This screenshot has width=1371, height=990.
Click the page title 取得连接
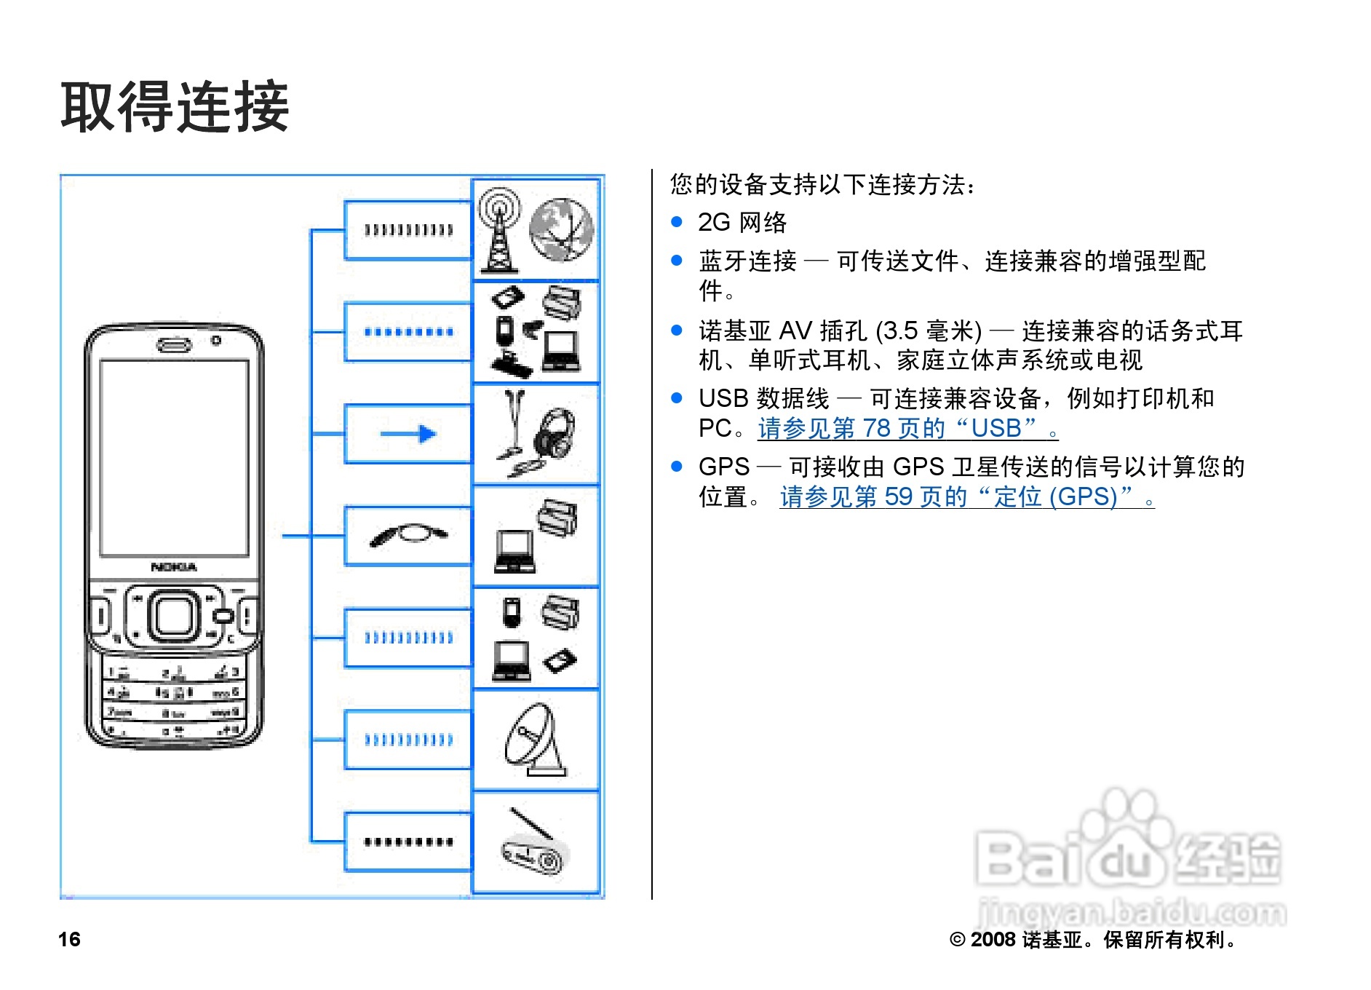click(175, 107)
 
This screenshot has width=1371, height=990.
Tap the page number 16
click(69, 939)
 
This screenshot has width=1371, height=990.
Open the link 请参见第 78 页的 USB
click(907, 428)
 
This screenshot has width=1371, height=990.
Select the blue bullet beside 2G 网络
click(677, 221)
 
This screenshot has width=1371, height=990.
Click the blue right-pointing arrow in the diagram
click(408, 435)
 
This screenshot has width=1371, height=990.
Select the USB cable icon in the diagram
click(408, 534)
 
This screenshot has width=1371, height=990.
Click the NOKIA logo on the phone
click(174, 566)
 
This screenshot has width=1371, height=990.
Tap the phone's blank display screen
click(174, 457)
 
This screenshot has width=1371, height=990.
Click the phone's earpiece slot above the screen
click(174, 344)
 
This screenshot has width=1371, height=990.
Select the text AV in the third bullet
click(794, 331)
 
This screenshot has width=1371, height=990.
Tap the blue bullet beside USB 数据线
click(677, 397)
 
